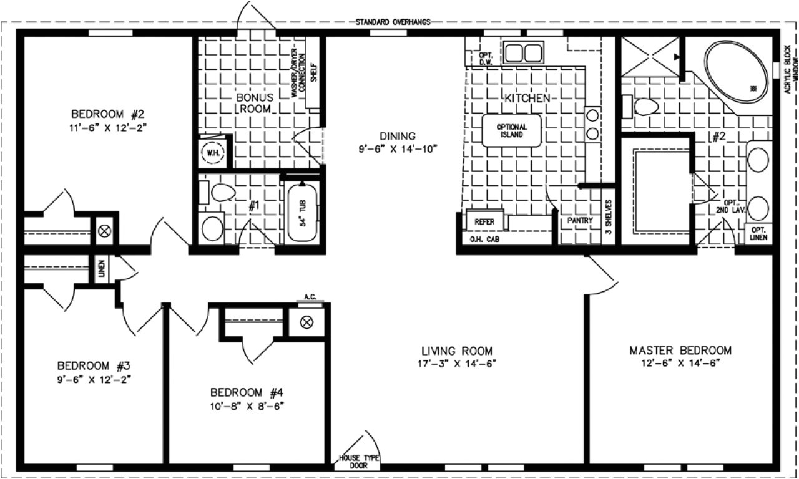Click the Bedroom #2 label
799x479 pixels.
pyautogui.click(x=108, y=114)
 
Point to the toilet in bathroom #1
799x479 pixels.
pyautogui.click(x=219, y=193)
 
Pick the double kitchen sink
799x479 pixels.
pyautogui.click(x=523, y=53)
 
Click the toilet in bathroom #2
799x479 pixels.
pyautogui.click(x=644, y=107)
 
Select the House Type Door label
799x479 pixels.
pyautogui.click(x=358, y=462)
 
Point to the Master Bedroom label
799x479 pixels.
pyautogui.click(x=680, y=350)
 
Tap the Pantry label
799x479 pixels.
pyautogui.click(x=580, y=221)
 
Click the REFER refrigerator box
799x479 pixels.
pyautogui.click(x=484, y=221)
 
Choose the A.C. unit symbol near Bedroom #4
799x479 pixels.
pyautogui.click(x=306, y=322)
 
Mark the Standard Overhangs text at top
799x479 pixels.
pyautogui.click(x=393, y=22)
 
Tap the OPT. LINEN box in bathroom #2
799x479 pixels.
pyautogui.click(x=759, y=234)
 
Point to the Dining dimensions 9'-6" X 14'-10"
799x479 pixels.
pyautogui.click(x=397, y=148)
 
